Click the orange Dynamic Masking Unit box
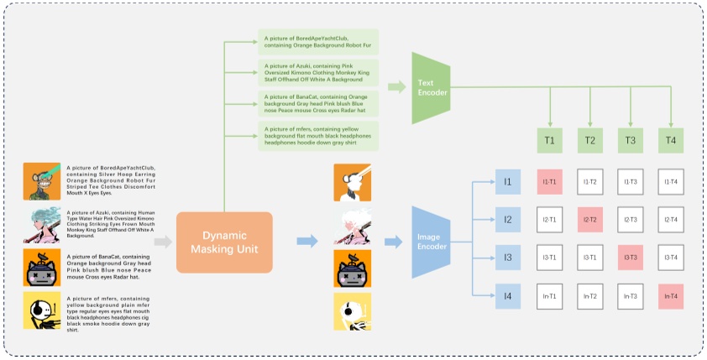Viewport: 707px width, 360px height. (x=224, y=242)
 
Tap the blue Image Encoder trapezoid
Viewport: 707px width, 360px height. (x=430, y=242)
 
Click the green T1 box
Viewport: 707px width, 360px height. (x=549, y=141)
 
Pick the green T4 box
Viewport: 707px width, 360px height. (x=670, y=141)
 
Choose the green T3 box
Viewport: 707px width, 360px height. (x=630, y=141)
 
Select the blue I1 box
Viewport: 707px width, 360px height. (x=507, y=182)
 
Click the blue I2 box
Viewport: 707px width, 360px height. (x=507, y=220)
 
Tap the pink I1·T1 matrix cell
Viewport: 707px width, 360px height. (x=550, y=182)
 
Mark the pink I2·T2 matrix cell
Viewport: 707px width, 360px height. (x=590, y=220)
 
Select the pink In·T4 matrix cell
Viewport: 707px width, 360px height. (x=670, y=295)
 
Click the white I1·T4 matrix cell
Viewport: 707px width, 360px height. (x=670, y=182)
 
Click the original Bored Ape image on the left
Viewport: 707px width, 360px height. (x=41, y=180)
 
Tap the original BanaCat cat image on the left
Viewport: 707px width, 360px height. (x=41, y=269)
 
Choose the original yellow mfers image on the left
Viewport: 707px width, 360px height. (x=41, y=311)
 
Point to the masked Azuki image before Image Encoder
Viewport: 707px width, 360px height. (x=351, y=225)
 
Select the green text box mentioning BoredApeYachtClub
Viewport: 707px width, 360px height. (x=317, y=42)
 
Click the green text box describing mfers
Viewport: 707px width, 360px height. (x=317, y=134)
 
